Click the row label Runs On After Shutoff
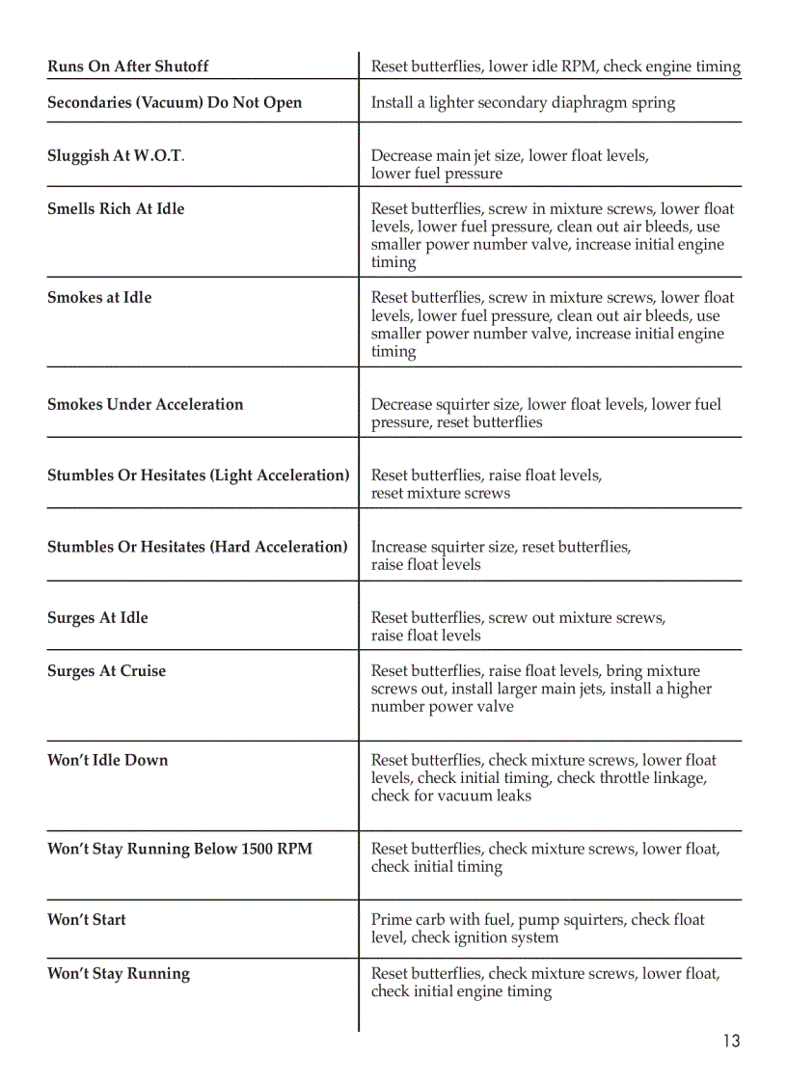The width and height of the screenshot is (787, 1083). click(127, 67)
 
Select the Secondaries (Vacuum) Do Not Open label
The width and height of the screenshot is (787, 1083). click(175, 103)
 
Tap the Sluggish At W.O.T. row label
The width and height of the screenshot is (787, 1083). click(116, 156)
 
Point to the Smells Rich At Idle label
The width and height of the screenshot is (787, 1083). click(116, 208)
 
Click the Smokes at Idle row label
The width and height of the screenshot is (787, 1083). click(99, 298)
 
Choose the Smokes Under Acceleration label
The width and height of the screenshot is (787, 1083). click(145, 405)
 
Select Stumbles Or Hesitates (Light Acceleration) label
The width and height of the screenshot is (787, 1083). click(198, 475)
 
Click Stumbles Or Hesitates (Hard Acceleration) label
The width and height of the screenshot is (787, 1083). click(197, 547)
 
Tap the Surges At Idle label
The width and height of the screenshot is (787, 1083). click(97, 618)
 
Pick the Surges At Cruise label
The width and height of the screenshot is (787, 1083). click(106, 671)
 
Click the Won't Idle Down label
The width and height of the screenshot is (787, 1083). click(107, 760)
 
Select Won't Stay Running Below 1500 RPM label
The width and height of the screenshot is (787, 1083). click(179, 850)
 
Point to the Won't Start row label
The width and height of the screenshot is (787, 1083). click(86, 920)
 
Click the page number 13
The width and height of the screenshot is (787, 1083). click(731, 1041)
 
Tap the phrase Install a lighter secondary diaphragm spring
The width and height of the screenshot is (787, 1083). click(523, 103)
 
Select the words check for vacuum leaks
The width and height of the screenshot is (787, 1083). click(450, 796)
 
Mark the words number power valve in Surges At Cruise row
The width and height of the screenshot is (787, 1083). click(443, 707)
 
